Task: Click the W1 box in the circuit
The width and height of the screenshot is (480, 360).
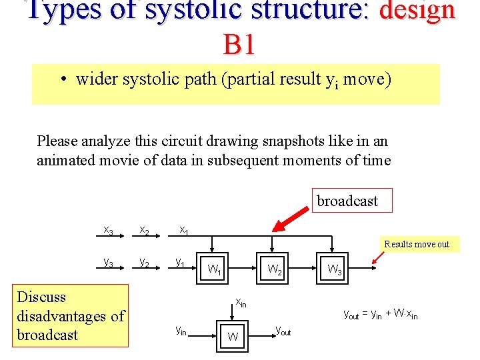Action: click(x=214, y=270)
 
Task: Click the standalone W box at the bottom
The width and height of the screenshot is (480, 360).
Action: click(x=233, y=336)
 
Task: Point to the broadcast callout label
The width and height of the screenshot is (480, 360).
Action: click(x=347, y=201)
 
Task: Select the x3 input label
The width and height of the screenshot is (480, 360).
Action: click(x=108, y=230)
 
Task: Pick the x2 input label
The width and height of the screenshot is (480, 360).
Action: click(x=144, y=230)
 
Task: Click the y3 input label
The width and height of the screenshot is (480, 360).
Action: click(x=108, y=263)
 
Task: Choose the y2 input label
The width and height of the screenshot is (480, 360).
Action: click(x=144, y=263)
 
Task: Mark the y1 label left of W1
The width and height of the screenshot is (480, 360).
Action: click(x=181, y=263)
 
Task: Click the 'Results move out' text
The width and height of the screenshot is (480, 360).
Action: click(x=417, y=244)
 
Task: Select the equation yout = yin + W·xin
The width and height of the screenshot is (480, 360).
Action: click(x=381, y=314)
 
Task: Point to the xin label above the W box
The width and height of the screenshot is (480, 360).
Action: click(x=241, y=302)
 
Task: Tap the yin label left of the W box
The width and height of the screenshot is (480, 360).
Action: click(x=181, y=329)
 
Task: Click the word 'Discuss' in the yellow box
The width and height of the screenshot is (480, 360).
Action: click(x=41, y=297)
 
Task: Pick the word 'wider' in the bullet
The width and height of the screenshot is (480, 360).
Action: click(x=95, y=79)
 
